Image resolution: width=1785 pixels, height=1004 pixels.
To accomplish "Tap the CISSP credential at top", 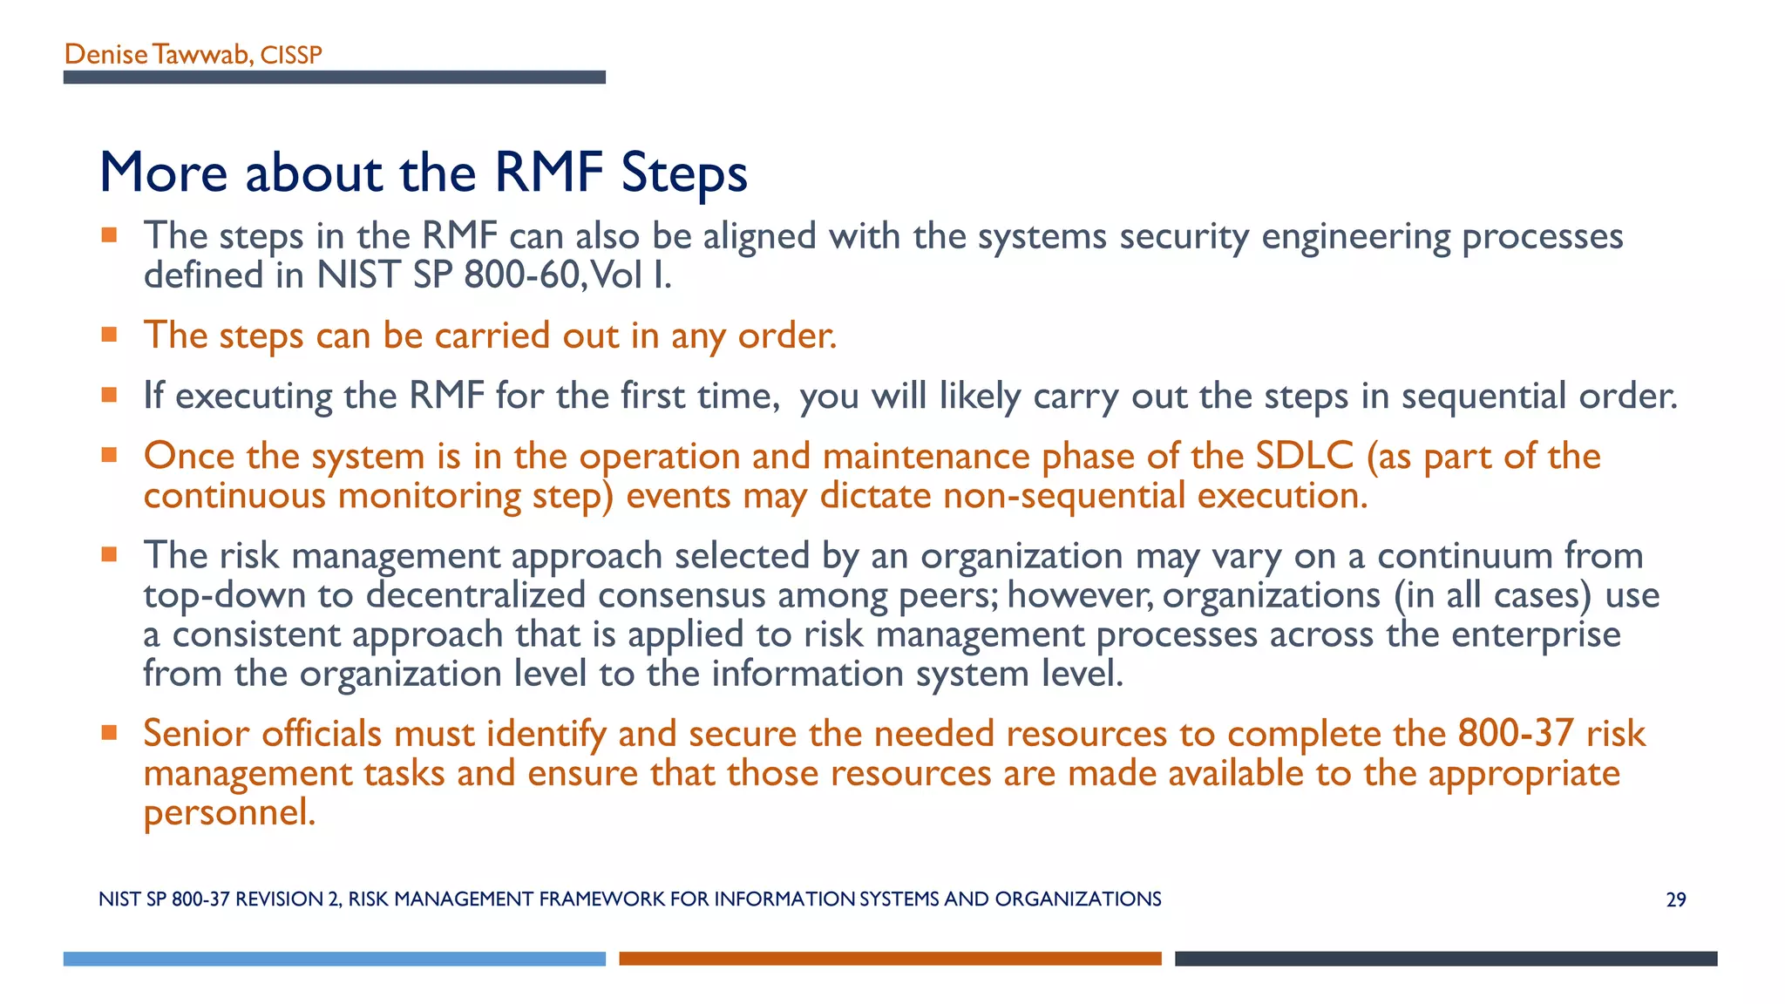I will click(x=291, y=56).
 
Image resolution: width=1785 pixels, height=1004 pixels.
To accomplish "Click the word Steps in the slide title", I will click(x=684, y=173).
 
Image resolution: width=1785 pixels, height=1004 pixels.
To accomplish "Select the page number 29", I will click(x=1675, y=900).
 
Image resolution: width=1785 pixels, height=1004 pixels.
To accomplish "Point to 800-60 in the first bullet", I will click(x=520, y=275).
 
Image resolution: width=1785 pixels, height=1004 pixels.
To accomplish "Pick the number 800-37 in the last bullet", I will click(x=1515, y=734).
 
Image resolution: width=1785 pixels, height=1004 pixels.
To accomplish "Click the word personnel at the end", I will click(x=228, y=813).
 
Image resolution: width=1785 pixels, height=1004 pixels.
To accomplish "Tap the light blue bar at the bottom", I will click(x=334, y=959).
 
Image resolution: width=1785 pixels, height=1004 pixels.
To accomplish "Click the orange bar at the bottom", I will click(x=890, y=959).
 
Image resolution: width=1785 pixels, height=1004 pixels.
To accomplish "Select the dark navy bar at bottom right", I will click(x=1445, y=959).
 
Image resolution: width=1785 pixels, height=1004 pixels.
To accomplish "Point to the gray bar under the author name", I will click(x=334, y=78).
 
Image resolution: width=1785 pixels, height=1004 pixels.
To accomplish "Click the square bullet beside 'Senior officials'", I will click(x=109, y=733).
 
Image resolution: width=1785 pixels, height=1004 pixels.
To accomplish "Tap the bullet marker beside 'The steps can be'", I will click(x=109, y=335).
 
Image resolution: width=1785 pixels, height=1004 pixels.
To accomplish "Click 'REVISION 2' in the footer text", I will click(x=288, y=899).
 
